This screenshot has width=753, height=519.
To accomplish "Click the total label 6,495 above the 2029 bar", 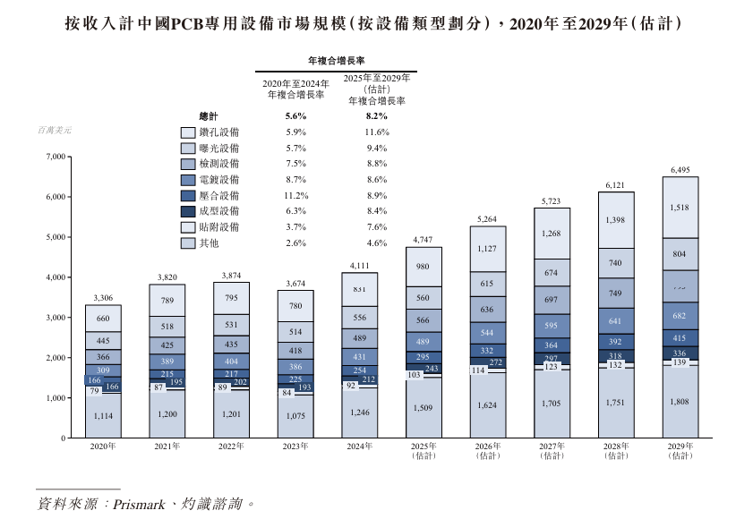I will click(x=680, y=169).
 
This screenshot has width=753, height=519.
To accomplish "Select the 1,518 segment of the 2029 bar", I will click(x=680, y=207).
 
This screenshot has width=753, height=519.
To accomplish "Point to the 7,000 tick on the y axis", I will click(x=56, y=157).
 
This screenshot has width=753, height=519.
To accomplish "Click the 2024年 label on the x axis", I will click(x=358, y=446).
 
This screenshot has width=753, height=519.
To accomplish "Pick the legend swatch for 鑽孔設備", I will click(x=188, y=132).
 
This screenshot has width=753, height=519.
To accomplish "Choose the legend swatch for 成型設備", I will click(x=188, y=211).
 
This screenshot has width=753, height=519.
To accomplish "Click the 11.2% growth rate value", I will click(x=296, y=195).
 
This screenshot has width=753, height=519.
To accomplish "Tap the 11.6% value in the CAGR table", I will click(x=376, y=132).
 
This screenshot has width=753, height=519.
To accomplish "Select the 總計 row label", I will click(x=209, y=115).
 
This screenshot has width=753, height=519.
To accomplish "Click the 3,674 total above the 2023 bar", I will click(x=295, y=283).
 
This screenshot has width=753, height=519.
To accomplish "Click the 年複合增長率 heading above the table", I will click(x=336, y=61).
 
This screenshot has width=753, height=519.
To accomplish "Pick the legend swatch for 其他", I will click(x=188, y=242).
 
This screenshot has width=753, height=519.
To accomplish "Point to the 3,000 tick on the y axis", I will click(x=56, y=318).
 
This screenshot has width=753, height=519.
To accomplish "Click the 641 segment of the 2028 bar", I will click(x=615, y=320).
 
